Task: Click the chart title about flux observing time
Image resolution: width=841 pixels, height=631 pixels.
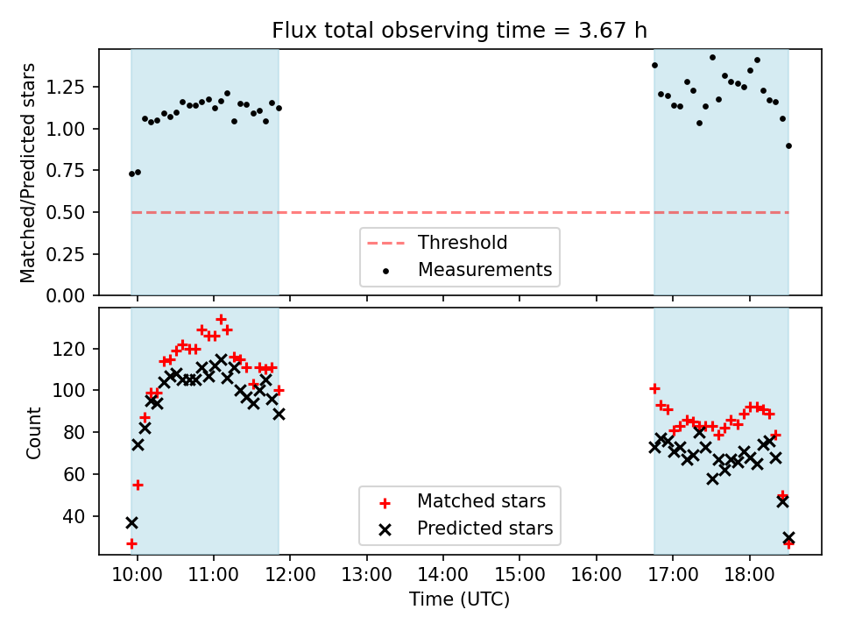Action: click(x=460, y=31)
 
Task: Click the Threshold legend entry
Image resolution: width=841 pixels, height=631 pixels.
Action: click(x=463, y=243)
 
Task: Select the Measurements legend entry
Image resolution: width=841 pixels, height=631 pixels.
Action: click(x=484, y=269)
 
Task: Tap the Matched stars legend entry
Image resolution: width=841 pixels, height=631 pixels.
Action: click(x=481, y=501)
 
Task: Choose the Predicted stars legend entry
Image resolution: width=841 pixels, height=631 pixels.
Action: click(x=484, y=528)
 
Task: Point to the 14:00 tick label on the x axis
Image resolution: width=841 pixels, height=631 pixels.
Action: click(x=442, y=578)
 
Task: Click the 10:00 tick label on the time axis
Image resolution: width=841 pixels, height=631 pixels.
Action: click(x=138, y=578)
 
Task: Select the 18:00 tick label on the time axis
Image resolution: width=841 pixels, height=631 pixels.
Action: click(x=749, y=578)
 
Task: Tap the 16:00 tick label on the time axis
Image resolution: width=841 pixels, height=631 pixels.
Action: click(x=596, y=578)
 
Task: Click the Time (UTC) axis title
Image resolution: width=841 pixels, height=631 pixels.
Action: click(x=460, y=600)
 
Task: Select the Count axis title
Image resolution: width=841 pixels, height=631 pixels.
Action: click(x=34, y=433)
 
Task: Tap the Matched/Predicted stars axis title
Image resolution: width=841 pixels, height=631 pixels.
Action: click(x=28, y=173)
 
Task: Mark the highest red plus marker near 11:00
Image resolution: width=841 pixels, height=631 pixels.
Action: click(x=221, y=320)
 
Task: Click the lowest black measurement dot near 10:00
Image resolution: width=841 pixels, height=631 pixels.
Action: click(x=131, y=174)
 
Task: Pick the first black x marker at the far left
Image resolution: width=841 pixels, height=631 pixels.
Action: click(x=131, y=522)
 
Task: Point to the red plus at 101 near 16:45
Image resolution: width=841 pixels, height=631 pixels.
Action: click(x=654, y=388)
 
